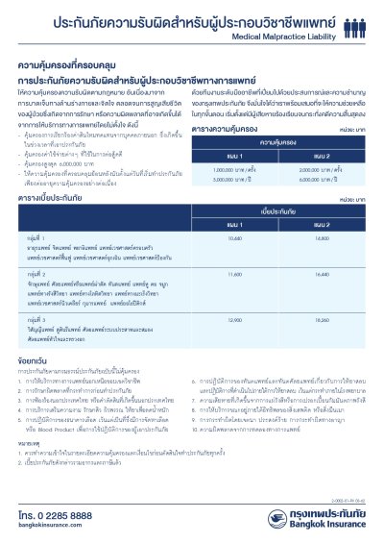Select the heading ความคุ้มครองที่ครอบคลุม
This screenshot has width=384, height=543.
point(65,67)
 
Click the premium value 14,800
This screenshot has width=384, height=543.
point(324,235)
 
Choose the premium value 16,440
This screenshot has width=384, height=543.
point(324,274)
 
